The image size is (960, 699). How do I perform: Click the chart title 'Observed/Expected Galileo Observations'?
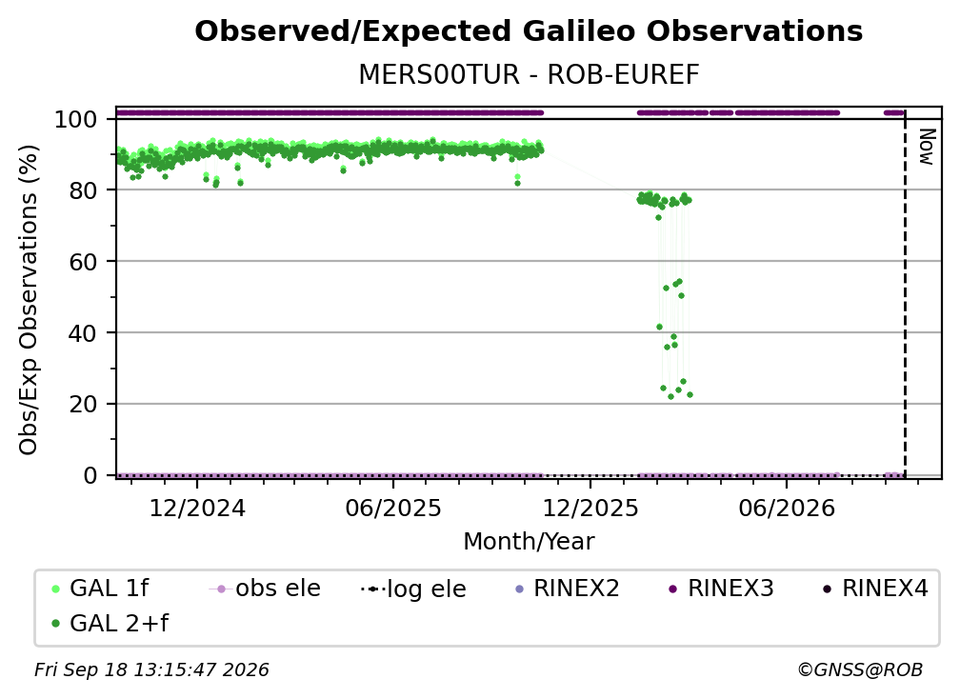coord(529,31)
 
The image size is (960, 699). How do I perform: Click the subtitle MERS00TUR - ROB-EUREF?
coord(529,75)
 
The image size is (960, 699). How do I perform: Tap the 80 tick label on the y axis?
coord(83,191)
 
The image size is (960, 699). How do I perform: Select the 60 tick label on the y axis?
coord(83,262)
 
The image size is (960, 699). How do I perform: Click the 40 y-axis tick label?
coord(83,333)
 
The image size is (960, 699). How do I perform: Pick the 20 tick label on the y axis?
coord(83,405)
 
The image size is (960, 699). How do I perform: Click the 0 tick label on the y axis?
coord(90,475)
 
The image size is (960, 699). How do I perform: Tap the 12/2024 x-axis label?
coord(197,509)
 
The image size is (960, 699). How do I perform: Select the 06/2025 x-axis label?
coord(393,509)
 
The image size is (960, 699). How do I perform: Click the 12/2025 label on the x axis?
coord(590,509)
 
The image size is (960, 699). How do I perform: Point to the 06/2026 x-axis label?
coord(786,509)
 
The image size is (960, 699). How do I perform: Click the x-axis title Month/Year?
coord(529,542)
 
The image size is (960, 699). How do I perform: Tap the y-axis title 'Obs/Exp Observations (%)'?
coord(29,299)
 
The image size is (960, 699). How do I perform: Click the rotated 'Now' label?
coord(927,147)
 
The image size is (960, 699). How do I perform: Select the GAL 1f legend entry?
coord(100,589)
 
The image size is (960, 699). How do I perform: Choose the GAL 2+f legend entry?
coord(110,624)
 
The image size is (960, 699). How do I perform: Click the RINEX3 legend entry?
coord(721,589)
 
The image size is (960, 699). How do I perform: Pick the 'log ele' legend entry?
coord(414,589)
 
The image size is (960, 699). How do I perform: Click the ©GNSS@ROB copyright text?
coord(860,670)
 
